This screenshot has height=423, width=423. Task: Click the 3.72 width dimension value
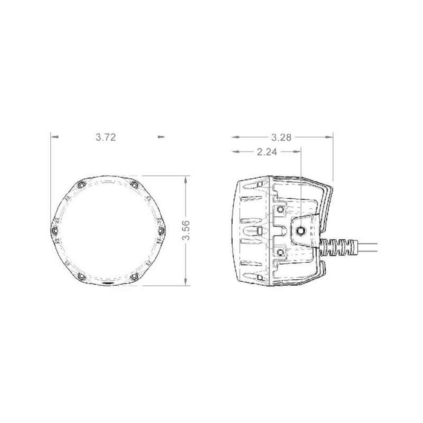(106, 137)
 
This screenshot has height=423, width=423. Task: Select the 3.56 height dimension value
(187, 231)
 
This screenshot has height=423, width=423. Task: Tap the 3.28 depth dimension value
(282, 137)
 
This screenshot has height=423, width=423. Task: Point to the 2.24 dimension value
(266, 153)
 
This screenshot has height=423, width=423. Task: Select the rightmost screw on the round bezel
(162, 231)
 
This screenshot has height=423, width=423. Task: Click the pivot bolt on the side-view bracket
(301, 229)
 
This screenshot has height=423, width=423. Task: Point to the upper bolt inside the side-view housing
(281, 209)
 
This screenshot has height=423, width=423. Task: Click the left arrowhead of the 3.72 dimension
(55, 137)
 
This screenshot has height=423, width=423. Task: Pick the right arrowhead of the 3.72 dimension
(160, 137)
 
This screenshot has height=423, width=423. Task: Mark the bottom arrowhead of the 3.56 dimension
(187, 282)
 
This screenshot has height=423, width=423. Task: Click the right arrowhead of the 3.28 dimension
(330, 137)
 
